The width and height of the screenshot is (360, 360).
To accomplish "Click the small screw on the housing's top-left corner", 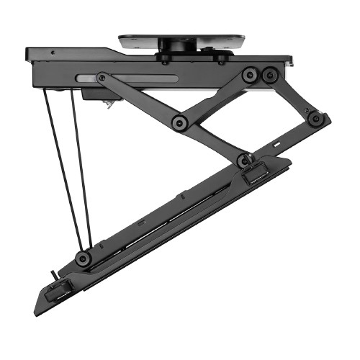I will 53,52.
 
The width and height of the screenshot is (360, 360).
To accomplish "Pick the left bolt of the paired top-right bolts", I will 250,74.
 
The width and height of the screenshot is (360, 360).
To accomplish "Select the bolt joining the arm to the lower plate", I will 244,158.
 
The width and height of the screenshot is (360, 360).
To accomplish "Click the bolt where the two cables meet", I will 85,258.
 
